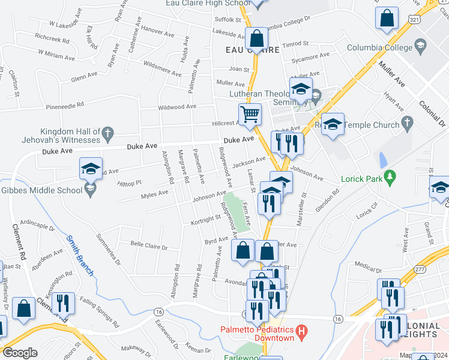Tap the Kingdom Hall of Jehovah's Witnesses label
(70, 136)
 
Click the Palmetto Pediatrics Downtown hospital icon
(302, 331)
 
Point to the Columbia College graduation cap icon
(421, 46)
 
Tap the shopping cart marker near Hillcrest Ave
(250, 113)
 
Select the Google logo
(20, 353)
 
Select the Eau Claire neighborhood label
(252, 50)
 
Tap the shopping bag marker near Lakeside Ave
(256, 38)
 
